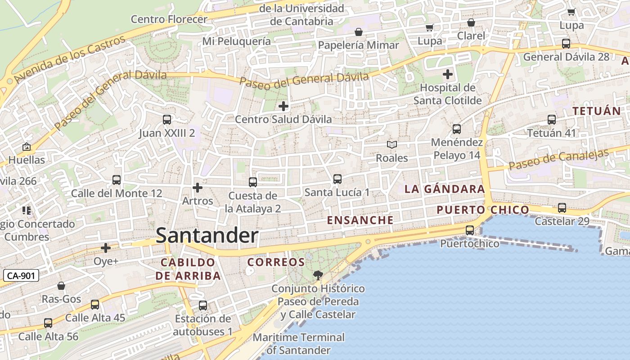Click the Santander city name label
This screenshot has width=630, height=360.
tap(207, 236)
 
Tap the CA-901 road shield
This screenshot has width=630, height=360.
tap(21, 275)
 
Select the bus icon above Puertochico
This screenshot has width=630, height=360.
tap(470, 230)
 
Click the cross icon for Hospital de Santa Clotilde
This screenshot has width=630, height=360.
tap(447, 74)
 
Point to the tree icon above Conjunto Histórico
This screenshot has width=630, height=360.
tap(318, 275)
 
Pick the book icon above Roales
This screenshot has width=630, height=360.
tap(392, 144)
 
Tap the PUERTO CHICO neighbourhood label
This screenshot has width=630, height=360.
tap(483, 210)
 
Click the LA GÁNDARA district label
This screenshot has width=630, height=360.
tap(445, 189)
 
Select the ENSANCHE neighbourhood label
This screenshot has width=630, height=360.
tap(360, 220)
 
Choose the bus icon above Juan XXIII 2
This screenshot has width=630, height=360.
tap(167, 120)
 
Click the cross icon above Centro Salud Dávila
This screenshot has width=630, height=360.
tap(283, 106)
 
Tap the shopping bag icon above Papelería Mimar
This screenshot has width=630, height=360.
tap(359, 32)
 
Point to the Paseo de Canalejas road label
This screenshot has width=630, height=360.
tap(559, 159)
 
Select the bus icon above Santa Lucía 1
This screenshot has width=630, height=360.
tap(337, 179)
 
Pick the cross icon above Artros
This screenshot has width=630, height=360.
tap(198, 188)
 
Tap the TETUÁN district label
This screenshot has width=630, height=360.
tap(596, 111)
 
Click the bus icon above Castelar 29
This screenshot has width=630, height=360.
tap(562, 208)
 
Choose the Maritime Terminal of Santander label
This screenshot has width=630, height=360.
tap(299, 343)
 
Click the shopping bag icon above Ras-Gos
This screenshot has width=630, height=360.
tap(61, 286)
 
